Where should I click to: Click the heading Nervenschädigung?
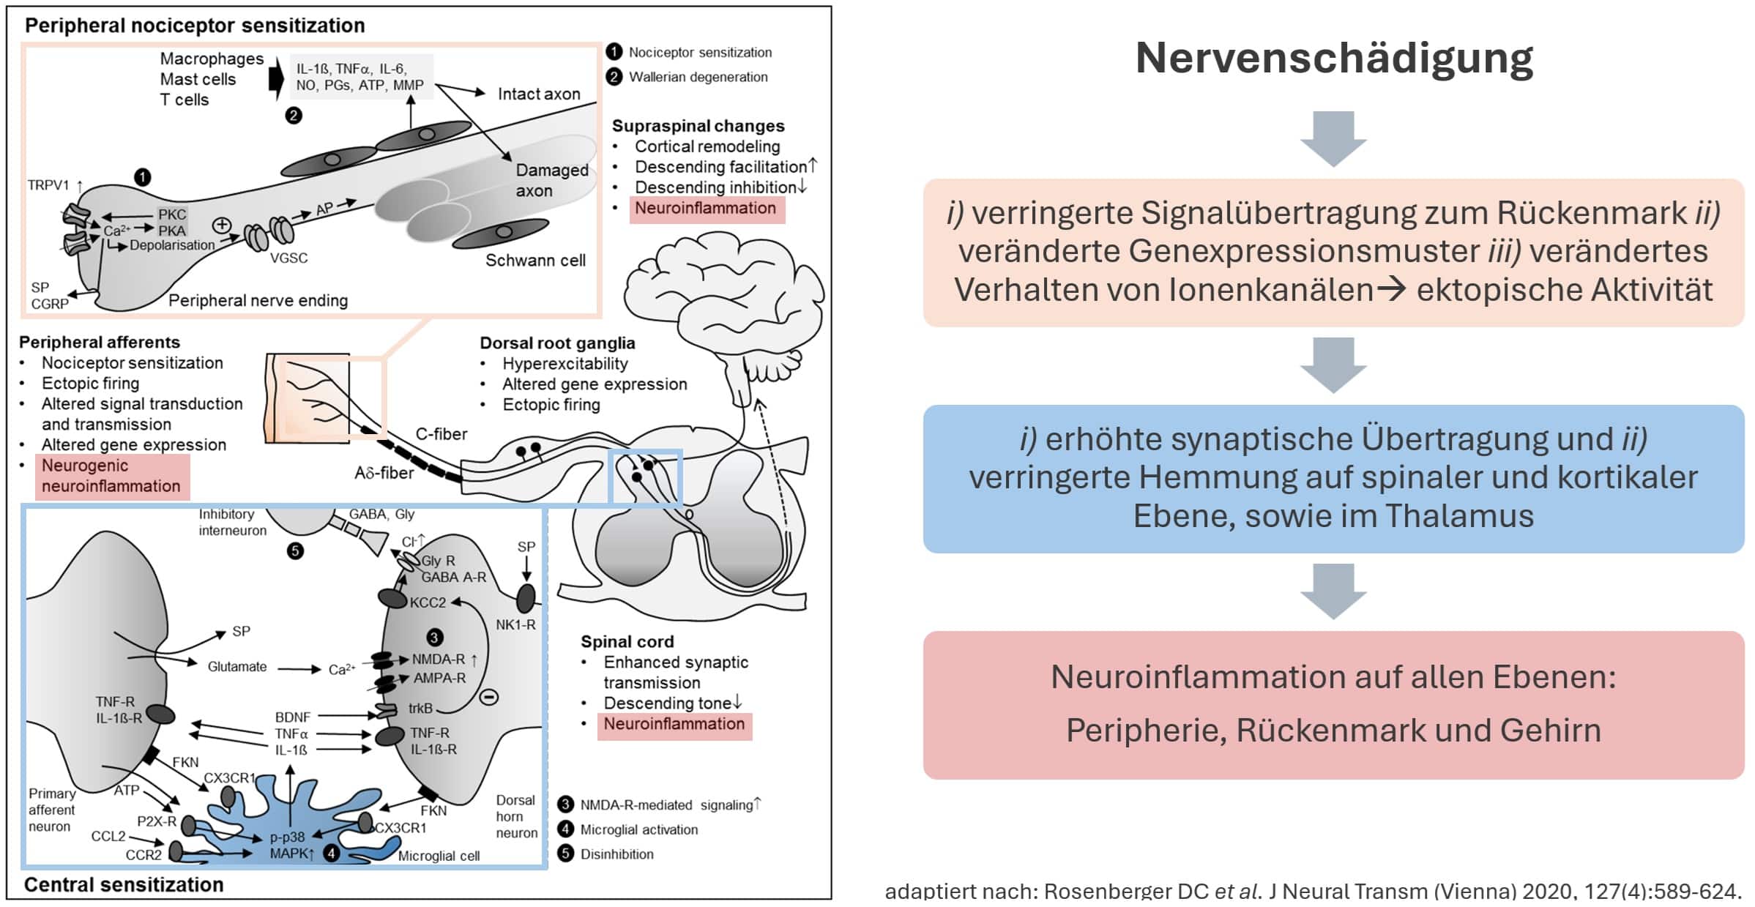1333,59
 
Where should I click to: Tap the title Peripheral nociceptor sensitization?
195,26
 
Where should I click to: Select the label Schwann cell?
535,261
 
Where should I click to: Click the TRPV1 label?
48,185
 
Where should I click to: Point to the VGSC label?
288,258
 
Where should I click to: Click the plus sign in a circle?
221,225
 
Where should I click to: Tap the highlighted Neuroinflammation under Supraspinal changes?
705,209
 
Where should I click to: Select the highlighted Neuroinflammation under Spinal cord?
674,725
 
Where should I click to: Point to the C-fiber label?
441,434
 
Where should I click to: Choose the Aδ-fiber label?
384,474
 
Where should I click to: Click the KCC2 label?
428,602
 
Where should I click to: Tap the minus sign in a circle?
488,697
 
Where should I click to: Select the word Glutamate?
236,667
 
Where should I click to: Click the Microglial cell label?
439,856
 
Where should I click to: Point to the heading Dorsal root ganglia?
557,343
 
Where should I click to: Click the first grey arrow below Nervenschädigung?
1333,138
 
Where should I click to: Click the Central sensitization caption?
124,885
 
